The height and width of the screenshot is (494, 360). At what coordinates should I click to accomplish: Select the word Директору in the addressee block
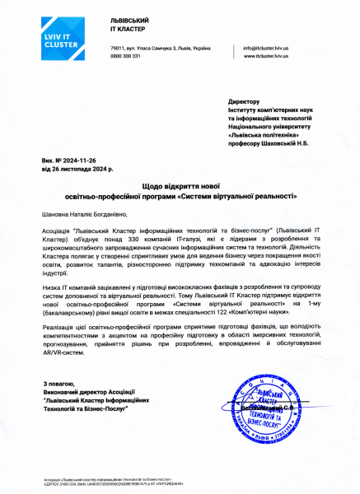(244, 101)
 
